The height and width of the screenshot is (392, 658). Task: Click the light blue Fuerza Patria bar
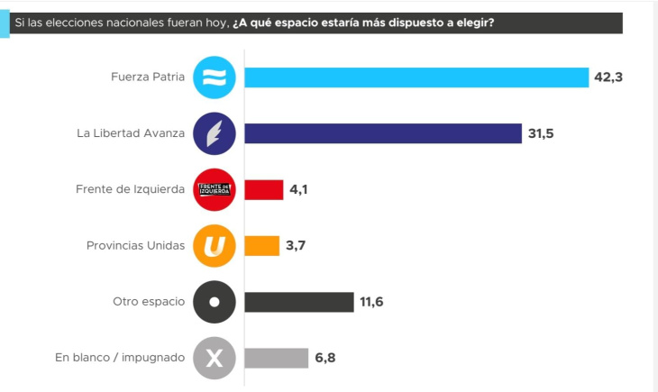point(416,77)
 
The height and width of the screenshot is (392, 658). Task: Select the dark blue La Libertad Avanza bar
point(383,133)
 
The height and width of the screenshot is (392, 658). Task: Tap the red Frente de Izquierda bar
point(264,189)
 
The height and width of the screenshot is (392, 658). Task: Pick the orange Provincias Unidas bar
point(262,246)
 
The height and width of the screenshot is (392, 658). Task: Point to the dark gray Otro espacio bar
point(299,302)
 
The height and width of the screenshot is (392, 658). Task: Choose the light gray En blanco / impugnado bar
point(277,358)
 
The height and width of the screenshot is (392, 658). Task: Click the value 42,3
point(608,77)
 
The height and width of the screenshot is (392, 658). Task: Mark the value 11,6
point(371,302)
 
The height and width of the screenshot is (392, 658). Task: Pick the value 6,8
point(326,358)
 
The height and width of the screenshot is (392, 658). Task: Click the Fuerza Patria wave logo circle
point(215,77)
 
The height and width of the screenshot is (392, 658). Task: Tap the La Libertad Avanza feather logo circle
point(215,133)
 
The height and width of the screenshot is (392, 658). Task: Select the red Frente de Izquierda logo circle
point(215,189)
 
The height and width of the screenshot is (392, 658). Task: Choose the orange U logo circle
point(215,246)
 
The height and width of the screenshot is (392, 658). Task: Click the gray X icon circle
point(215,358)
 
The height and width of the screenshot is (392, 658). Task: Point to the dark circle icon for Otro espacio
point(215,302)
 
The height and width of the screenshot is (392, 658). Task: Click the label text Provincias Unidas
point(135,246)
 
